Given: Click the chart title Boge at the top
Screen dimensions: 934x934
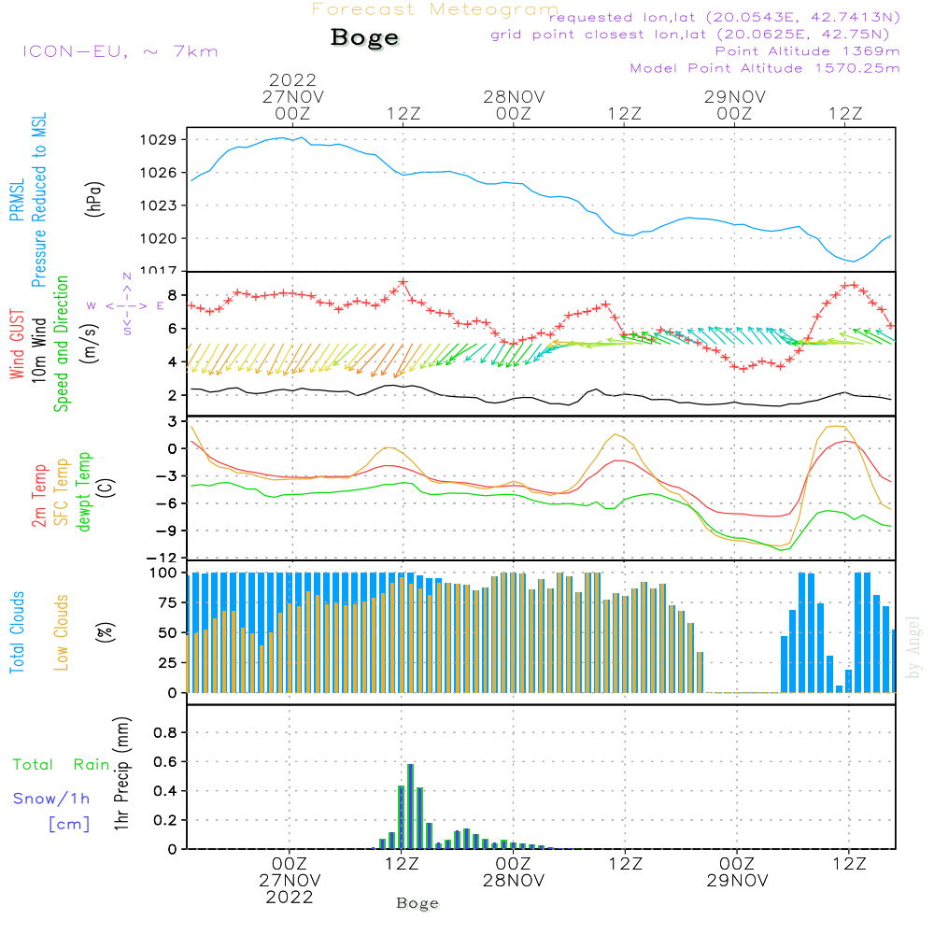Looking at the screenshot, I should point(364,38).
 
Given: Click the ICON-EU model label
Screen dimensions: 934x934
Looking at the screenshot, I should point(120,51).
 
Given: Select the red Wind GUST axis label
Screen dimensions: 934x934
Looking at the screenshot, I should point(17,347).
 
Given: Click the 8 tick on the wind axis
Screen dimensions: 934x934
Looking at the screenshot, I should point(172,295).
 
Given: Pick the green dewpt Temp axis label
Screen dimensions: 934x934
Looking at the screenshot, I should point(84,492).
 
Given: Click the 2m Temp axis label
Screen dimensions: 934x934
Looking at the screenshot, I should point(39,492).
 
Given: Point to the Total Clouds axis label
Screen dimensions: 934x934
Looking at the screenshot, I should point(17,632).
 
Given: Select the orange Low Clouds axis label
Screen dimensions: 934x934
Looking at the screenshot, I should point(62,632).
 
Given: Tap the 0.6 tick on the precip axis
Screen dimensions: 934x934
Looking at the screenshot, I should point(164,761).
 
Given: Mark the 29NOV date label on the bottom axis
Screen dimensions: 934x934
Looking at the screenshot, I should point(736,880).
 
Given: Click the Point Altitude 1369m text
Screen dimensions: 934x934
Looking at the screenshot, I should point(807,50).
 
